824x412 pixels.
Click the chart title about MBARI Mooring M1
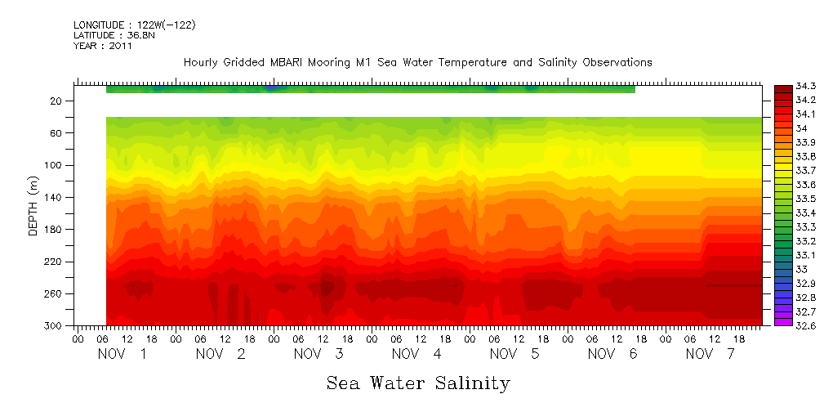click(417, 62)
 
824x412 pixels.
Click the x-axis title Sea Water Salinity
click(418, 383)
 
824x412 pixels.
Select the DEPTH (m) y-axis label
click(33, 205)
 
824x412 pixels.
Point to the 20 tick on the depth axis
click(58, 101)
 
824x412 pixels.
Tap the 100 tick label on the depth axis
click(56, 165)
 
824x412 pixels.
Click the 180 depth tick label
click(56, 230)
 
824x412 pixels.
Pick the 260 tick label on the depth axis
click(56, 293)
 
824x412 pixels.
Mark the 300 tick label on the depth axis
click(56, 326)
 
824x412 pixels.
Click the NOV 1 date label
click(122, 354)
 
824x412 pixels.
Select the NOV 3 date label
click(318, 354)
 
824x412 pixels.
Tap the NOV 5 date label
click(514, 354)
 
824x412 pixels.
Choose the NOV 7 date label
click(710, 354)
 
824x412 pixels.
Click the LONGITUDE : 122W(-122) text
click(134, 25)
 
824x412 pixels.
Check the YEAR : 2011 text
click(102, 47)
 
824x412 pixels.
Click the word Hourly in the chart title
click(200, 62)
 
